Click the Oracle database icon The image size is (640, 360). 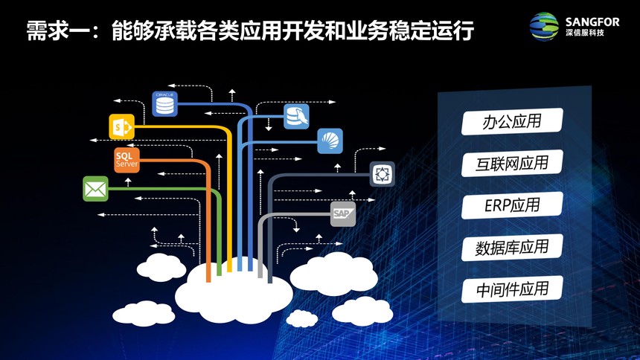tap(165, 103)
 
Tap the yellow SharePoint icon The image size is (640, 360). tap(121, 127)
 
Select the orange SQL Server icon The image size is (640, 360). tap(127, 160)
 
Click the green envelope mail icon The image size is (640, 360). tap(95, 189)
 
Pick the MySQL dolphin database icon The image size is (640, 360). tap(296, 116)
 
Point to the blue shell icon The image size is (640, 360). tap(330, 141)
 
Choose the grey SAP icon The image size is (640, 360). tap(343, 214)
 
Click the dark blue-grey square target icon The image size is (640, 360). tap(382, 174)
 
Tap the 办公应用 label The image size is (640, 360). tap(512, 121)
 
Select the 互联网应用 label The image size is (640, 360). tap(512, 164)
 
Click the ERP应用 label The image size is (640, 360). tap(512, 205)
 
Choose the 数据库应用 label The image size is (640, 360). tap(512, 248)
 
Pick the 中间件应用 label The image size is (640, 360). tap(512, 289)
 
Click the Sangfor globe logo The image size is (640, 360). tap(544, 27)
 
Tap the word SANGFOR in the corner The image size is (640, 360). tap(592, 22)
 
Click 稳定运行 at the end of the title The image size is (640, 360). tap(432, 30)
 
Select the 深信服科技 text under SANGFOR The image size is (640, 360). tap(585, 33)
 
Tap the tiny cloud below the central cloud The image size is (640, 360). tap(302, 318)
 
